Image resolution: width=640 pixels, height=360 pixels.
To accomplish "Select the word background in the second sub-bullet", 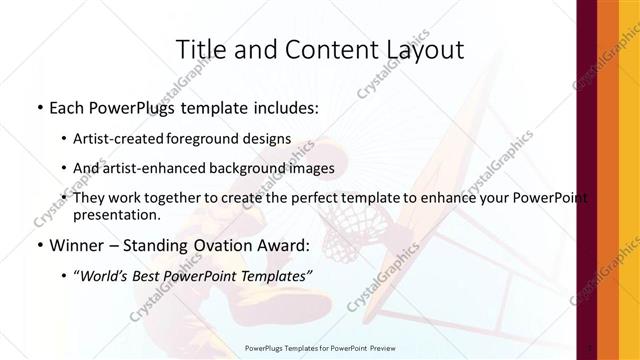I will coord(255,168).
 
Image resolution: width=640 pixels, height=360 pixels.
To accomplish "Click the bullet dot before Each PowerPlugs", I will coord(39,106).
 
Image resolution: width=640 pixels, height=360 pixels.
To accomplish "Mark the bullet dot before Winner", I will coord(39,244).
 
